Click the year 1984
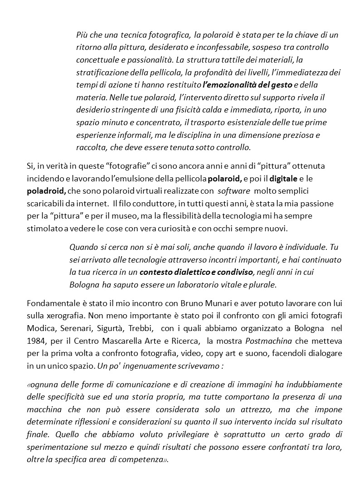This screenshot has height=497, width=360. pos(37,340)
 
